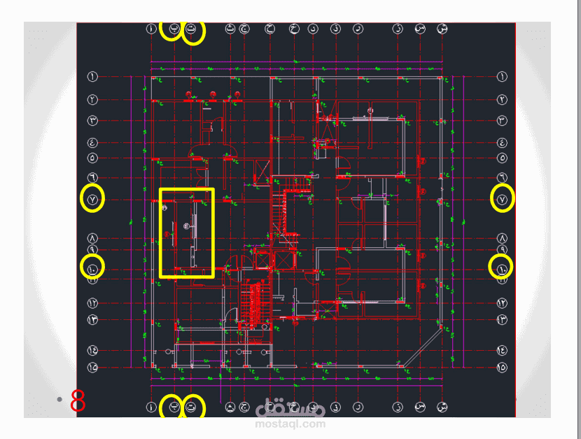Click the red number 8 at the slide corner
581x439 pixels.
pos(78,401)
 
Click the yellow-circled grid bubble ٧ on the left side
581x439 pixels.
pos(92,200)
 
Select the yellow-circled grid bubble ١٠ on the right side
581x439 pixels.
pos(501,266)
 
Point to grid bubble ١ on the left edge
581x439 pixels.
pos(92,76)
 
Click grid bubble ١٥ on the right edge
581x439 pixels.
pos(502,365)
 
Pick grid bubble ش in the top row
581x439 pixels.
pos(442,29)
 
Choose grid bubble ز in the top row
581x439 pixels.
pos(398,29)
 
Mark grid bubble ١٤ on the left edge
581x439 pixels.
pos(92,349)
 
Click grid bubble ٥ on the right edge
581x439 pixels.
pos(502,158)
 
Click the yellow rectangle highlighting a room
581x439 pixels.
pos(186,232)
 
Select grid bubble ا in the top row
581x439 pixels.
pos(151,29)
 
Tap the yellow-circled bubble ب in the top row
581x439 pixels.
pos(171,30)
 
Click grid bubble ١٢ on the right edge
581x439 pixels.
pos(502,303)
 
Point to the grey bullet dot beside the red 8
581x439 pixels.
pos(60,399)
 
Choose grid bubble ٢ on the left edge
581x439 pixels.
pos(92,100)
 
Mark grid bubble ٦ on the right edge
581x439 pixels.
pos(502,178)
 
